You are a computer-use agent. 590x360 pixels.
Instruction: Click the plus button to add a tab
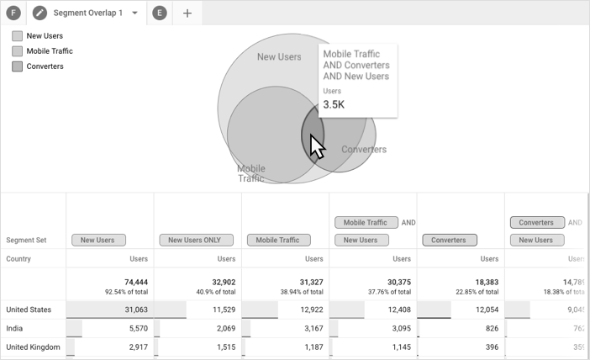click(187, 13)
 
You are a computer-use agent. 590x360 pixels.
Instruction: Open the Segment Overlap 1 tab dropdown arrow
click(134, 13)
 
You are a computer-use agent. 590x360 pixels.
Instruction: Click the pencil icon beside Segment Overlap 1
click(40, 13)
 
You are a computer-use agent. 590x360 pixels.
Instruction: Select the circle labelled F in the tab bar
click(13, 13)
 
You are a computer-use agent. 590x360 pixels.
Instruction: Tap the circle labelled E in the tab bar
click(160, 13)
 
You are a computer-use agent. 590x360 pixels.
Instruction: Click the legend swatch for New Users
click(17, 36)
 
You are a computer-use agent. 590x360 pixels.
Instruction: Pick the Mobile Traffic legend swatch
click(17, 51)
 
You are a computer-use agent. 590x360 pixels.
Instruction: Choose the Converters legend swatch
click(17, 66)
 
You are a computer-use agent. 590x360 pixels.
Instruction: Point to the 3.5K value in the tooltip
click(334, 105)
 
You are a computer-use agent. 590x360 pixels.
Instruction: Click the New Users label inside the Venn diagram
click(278, 57)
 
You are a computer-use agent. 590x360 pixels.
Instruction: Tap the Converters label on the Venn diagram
click(364, 150)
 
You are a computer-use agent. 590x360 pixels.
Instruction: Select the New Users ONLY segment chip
click(196, 241)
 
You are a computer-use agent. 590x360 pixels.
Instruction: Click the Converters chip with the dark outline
click(448, 241)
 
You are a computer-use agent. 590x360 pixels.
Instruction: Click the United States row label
click(29, 310)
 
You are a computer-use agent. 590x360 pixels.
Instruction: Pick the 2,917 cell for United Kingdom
click(136, 347)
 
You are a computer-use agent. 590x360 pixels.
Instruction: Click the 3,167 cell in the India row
click(310, 328)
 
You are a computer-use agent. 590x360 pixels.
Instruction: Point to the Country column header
click(18, 259)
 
